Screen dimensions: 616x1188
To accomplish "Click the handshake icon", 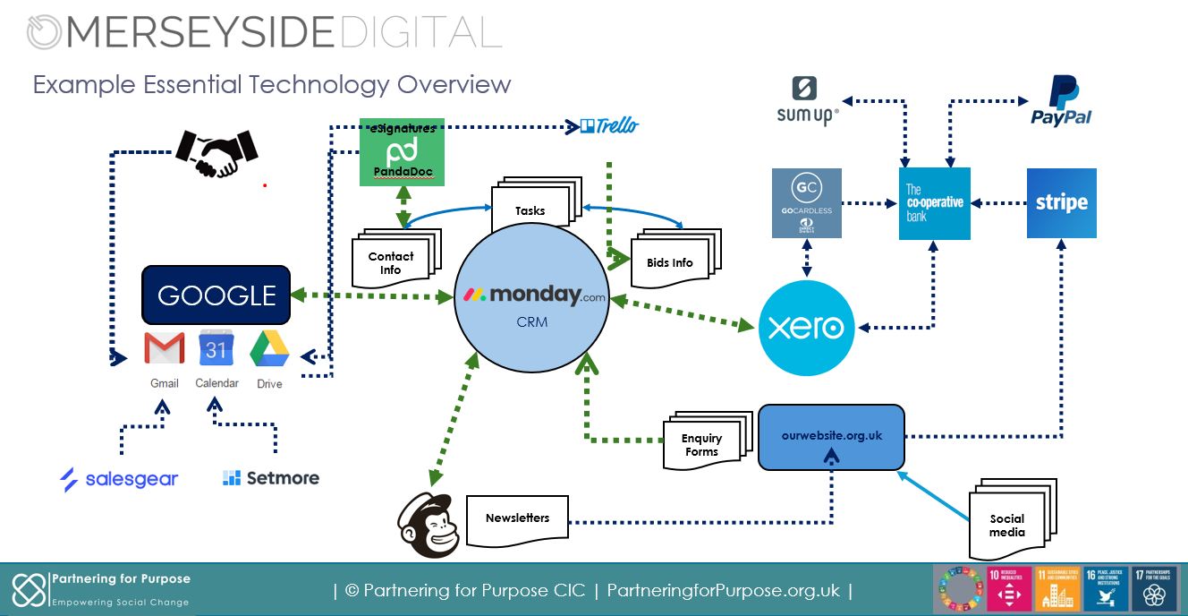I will [x=216, y=153].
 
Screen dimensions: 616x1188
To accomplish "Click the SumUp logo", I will [x=807, y=100].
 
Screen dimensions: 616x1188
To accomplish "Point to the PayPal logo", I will [x=1062, y=101].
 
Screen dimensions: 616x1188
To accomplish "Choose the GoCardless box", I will [x=806, y=203].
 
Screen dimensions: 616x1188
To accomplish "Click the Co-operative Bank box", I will [x=934, y=203].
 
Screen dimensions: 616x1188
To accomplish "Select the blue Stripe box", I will [x=1061, y=203].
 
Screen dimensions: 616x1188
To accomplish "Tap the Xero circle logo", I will [x=806, y=328].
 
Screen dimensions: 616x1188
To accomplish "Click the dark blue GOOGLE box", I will [x=216, y=295].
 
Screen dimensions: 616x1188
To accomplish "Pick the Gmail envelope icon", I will [x=165, y=348].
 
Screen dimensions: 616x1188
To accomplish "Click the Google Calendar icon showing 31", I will [x=216, y=347].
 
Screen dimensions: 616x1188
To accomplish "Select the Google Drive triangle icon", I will [x=268, y=348].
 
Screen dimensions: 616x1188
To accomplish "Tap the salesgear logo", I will [x=119, y=479].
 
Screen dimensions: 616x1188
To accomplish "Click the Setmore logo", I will [x=271, y=478].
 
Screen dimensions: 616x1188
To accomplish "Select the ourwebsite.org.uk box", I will [x=831, y=437].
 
